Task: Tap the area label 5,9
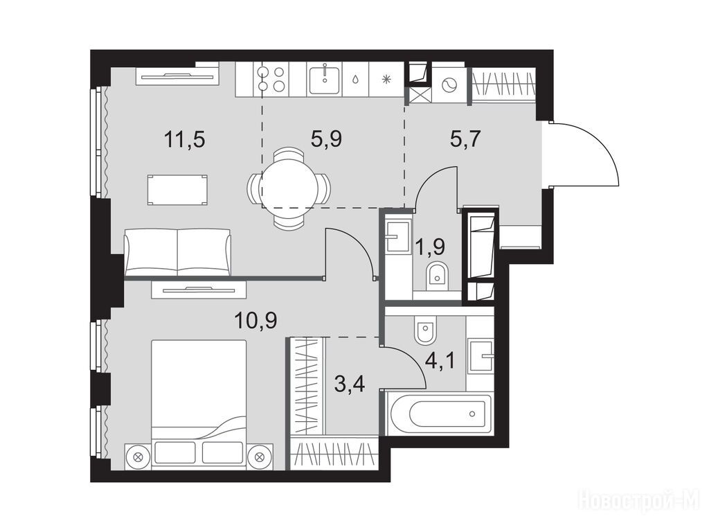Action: [x=326, y=139]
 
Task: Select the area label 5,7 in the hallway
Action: [x=465, y=139]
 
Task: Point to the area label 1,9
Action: [x=430, y=247]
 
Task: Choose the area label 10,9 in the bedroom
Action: [x=255, y=321]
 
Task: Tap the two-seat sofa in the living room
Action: [x=177, y=252]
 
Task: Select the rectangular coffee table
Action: [x=178, y=190]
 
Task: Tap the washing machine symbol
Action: [x=449, y=84]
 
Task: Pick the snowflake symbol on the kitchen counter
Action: [x=386, y=80]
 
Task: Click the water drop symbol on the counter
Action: [x=356, y=80]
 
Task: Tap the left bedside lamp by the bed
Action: [x=138, y=456]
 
